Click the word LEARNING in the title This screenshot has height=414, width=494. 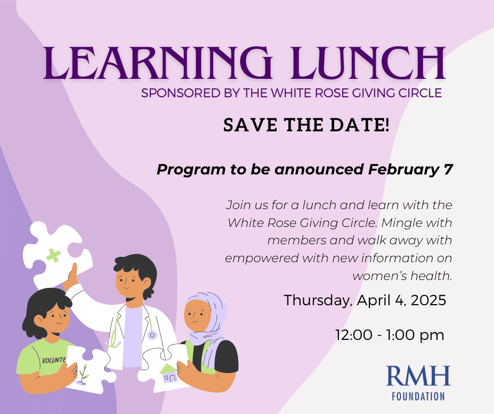point(158,63)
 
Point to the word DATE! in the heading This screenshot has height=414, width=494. point(360,125)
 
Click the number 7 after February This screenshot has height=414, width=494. point(448,169)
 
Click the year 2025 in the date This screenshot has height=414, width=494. point(428,300)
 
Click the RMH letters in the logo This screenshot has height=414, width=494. point(418,376)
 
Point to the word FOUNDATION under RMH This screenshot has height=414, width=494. point(418,396)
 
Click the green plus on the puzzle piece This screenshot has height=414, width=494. point(54,255)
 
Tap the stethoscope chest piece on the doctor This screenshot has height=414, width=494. point(152,335)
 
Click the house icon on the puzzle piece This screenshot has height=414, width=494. point(169,374)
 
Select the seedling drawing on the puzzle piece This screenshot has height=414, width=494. point(83,375)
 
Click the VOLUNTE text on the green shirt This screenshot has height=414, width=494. point(54,360)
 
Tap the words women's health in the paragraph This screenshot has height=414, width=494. point(403,276)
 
